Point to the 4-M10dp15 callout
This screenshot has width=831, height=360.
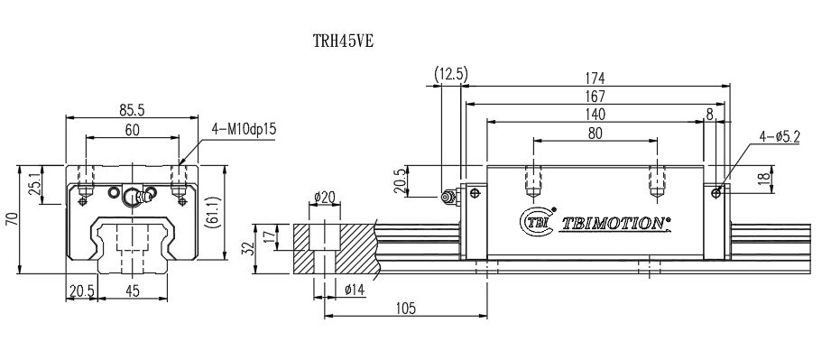pos(243,129)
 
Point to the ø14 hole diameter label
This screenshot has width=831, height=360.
pos(355,289)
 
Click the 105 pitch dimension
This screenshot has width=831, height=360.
pos(405,309)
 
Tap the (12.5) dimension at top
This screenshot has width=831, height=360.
pos(448,74)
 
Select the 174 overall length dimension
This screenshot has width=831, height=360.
pos(596,78)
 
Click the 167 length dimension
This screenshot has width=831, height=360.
pos(596,96)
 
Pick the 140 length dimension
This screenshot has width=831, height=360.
pos(595,114)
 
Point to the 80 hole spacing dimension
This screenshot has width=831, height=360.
pos(595,133)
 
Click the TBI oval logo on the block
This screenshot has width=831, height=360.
pos(536,220)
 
